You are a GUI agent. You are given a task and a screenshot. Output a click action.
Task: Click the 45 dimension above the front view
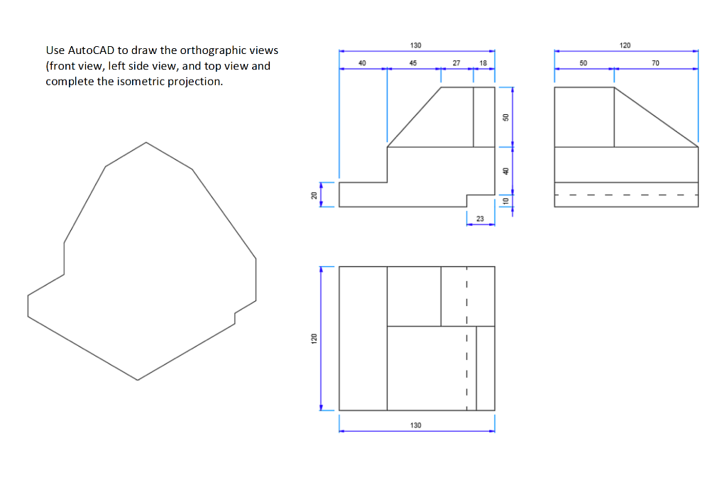(x=412, y=63)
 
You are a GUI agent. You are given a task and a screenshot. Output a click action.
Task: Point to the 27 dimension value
(x=456, y=63)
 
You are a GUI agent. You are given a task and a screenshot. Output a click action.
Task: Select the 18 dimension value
(x=483, y=63)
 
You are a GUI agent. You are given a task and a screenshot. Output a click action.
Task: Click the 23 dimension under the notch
(x=479, y=219)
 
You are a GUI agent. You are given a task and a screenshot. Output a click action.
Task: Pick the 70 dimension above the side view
(x=655, y=63)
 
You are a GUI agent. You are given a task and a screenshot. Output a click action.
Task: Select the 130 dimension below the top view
(x=415, y=425)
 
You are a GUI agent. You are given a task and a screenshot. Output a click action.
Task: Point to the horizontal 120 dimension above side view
(x=625, y=45)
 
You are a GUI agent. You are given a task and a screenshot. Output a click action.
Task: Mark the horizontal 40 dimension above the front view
(x=362, y=63)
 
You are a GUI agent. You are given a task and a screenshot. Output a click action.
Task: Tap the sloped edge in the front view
(x=414, y=117)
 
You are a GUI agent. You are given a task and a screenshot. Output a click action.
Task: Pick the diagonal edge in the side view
(x=656, y=117)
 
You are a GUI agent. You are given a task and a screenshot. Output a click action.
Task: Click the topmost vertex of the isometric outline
(x=146, y=142)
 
